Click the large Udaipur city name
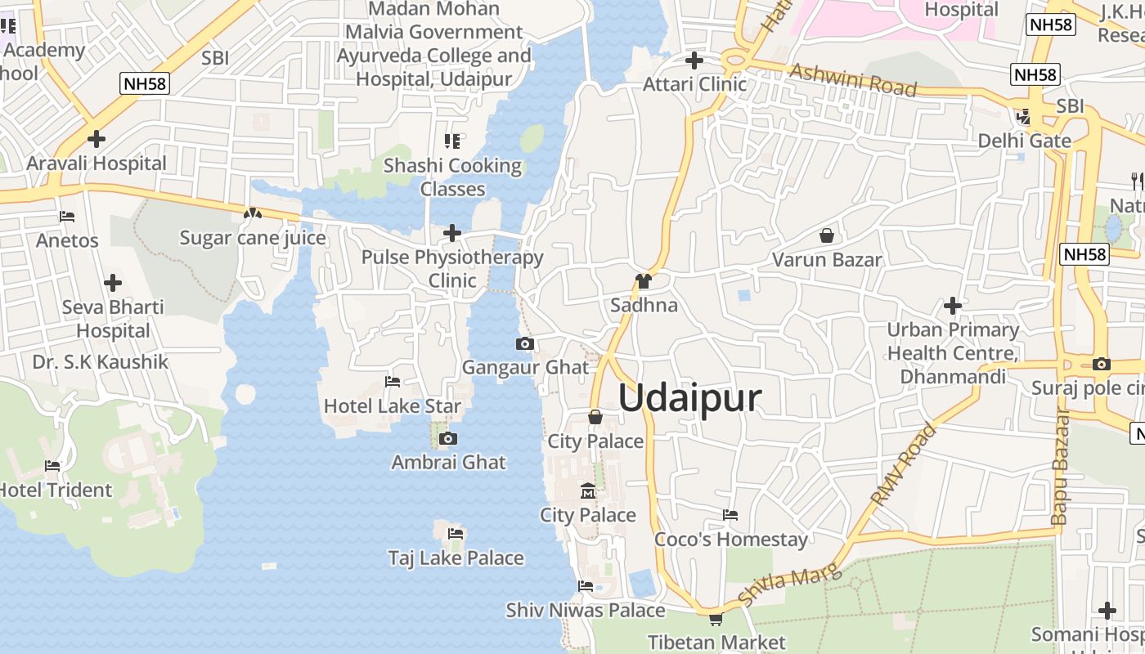click(689, 398)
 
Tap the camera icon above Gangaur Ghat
click(525, 344)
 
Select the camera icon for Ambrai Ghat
click(447, 439)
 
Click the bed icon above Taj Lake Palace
click(456, 534)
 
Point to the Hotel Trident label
click(56, 490)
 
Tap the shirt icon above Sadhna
click(644, 282)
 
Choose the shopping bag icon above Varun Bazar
click(827, 236)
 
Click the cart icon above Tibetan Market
click(716, 620)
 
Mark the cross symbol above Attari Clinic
click(694, 60)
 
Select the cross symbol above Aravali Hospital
click(97, 139)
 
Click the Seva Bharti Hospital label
click(113, 319)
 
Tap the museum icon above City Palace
click(587, 491)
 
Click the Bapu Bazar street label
click(1060, 466)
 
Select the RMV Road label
click(903, 465)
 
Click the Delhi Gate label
click(1024, 141)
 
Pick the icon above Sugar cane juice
click(252, 214)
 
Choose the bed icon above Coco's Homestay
click(730, 515)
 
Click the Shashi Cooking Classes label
click(452, 177)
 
